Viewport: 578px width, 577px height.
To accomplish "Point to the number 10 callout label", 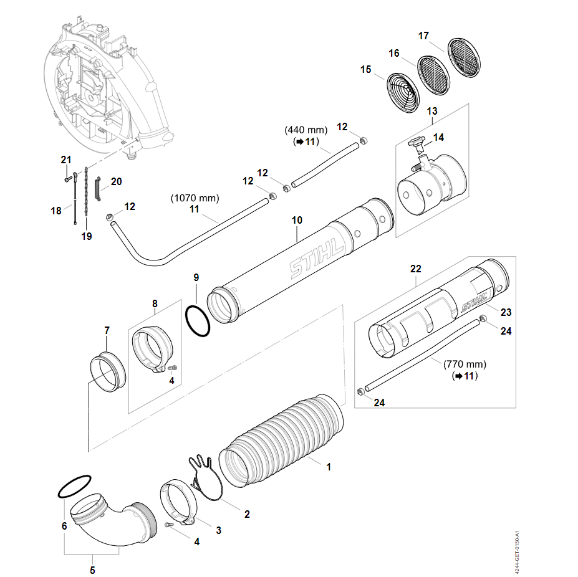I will pos(297,220).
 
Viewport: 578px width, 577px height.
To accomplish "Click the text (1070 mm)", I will pos(195,198).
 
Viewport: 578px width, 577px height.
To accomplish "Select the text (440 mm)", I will pos(306,130).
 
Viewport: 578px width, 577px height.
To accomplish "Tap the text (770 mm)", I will pos(465,364).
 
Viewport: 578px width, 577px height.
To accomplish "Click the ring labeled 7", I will pos(107,372).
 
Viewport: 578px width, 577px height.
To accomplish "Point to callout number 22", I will pos(416,269).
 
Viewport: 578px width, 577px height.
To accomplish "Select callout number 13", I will pos(432,110).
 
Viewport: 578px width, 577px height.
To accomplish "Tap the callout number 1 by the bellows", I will pos(329,465).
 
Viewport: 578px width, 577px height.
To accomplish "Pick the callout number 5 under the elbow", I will pos(92,570).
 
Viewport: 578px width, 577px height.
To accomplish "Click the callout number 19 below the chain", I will pos(86,236).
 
